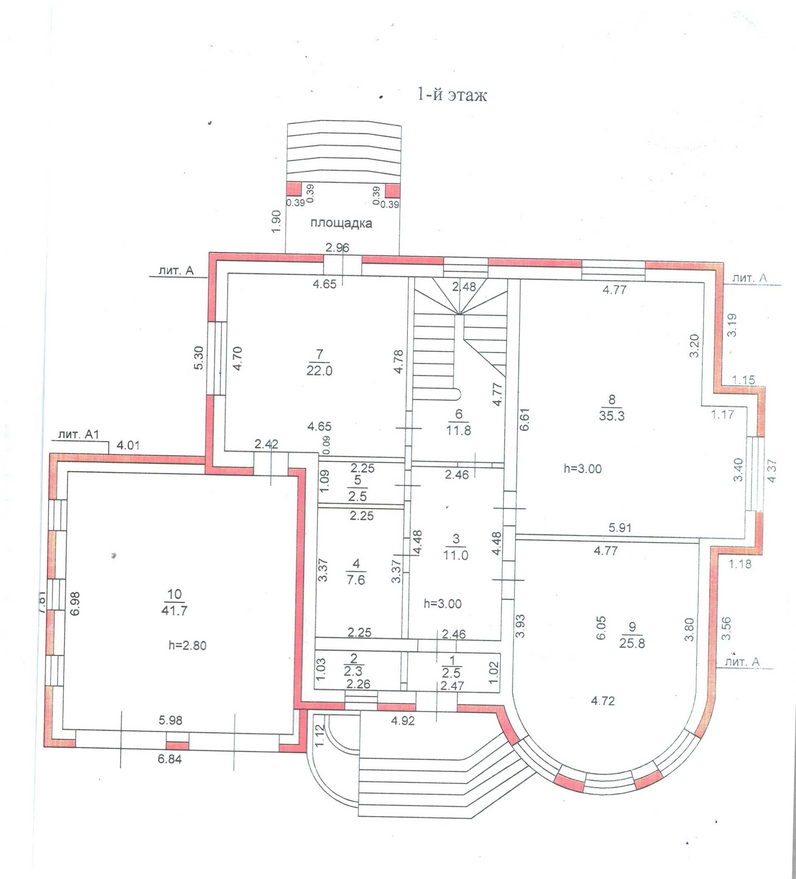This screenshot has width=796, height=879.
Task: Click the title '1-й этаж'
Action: (452, 94)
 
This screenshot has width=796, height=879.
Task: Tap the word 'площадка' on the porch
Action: (341, 223)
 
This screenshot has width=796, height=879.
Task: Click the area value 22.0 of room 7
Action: (319, 370)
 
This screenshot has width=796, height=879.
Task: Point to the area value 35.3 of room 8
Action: (612, 416)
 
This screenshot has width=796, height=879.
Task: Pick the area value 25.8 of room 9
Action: (632, 643)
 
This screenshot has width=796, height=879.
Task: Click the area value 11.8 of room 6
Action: (459, 430)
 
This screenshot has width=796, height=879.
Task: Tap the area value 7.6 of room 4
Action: (355, 580)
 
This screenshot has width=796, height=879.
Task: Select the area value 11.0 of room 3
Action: (456, 555)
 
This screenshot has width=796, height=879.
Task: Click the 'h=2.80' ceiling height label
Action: (187, 645)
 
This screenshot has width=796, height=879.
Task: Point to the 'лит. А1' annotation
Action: (79, 434)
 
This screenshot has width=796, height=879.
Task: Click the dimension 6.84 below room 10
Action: (170, 759)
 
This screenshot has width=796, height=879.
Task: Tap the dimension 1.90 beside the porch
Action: (276, 221)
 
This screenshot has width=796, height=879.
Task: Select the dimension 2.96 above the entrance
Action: (337, 248)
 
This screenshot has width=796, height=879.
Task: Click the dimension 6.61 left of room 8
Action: (524, 419)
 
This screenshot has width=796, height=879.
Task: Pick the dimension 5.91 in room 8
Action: (620, 528)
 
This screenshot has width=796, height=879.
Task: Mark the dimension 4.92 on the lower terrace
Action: (403, 721)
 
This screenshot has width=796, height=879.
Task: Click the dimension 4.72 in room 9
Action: (603, 701)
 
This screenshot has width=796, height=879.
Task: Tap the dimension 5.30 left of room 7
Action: (199, 358)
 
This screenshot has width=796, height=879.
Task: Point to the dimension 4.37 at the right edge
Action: (772, 470)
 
